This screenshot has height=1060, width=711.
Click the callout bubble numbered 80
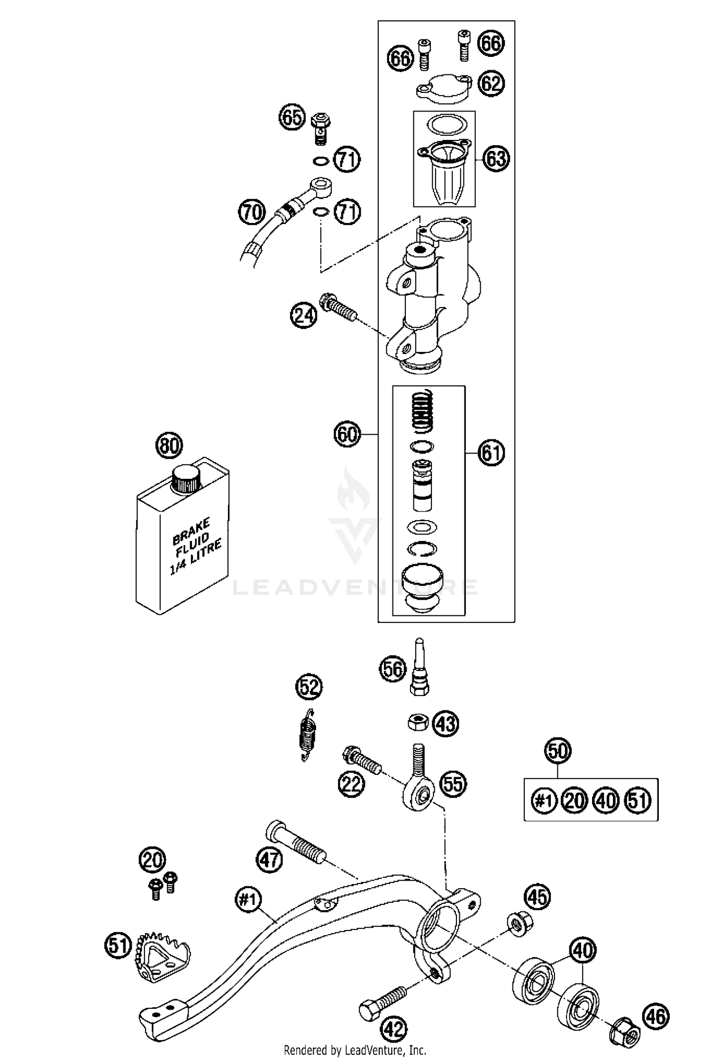[x=169, y=446]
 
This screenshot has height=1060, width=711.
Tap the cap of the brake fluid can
[x=187, y=478]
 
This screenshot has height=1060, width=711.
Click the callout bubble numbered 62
[x=491, y=83]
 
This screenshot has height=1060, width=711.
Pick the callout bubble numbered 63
[x=496, y=158]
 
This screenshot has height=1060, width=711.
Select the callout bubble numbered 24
[x=303, y=315]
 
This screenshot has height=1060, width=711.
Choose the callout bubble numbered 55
[x=453, y=784]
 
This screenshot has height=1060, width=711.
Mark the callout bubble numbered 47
[x=269, y=860]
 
